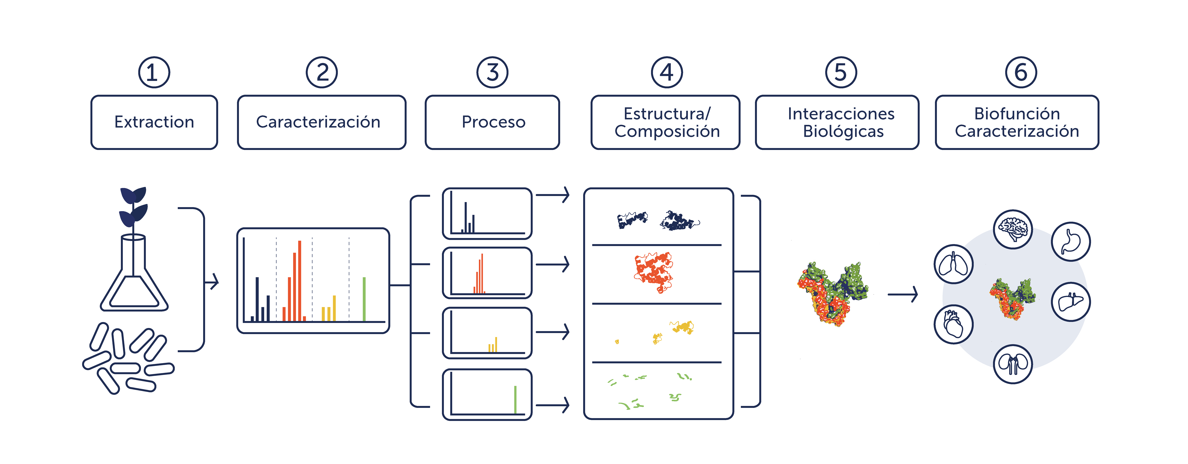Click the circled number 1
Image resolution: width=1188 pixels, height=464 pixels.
[x=154, y=72]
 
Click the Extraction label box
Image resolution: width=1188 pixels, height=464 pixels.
[x=154, y=122]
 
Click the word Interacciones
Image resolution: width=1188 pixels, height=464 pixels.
[x=841, y=113]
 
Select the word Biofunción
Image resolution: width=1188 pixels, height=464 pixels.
[x=1017, y=113]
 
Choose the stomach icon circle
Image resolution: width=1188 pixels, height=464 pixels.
[x=1071, y=242]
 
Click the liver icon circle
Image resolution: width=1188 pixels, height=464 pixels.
[x=1071, y=302]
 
